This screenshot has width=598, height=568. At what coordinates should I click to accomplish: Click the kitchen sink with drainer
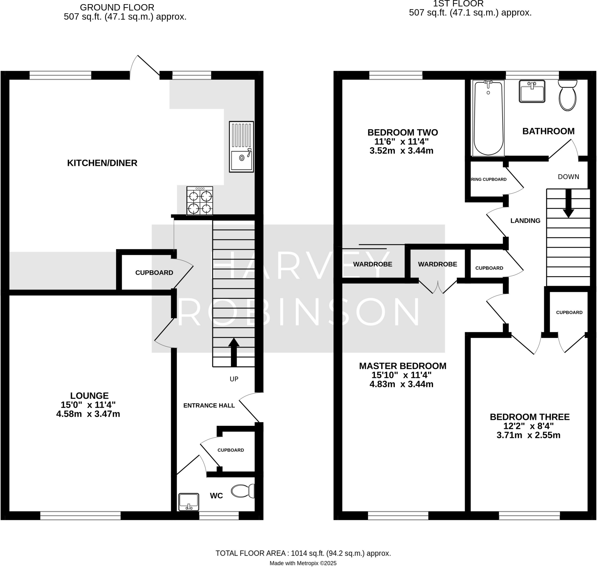click(x=241, y=147)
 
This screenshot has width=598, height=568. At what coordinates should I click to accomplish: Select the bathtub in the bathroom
click(x=488, y=118)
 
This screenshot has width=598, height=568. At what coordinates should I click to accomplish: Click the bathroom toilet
click(x=567, y=95)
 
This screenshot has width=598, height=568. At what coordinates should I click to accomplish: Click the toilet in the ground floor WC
click(x=243, y=491)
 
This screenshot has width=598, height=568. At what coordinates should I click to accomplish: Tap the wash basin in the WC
click(x=189, y=502)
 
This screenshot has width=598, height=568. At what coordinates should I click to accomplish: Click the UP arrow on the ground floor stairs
click(x=234, y=352)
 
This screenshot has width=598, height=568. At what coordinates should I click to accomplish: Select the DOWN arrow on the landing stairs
click(x=568, y=204)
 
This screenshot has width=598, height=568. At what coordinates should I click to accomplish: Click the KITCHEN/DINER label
click(x=102, y=163)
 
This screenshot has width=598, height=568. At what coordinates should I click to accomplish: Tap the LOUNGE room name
click(x=89, y=396)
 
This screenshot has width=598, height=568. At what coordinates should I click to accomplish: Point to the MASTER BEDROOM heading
click(x=402, y=366)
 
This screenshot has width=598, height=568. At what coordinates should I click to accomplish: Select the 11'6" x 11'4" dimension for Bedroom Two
click(x=401, y=142)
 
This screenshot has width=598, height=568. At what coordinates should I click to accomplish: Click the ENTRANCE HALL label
click(x=209, y=406)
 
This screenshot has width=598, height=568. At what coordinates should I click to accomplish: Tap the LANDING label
click(x=525, y=221)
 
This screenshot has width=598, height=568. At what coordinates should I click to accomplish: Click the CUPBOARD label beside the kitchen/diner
click(x=154, y=273)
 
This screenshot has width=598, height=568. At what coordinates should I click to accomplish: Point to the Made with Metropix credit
click(x=303, y=563)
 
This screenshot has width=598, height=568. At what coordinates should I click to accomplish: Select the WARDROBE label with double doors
click(x=437, y=264)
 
